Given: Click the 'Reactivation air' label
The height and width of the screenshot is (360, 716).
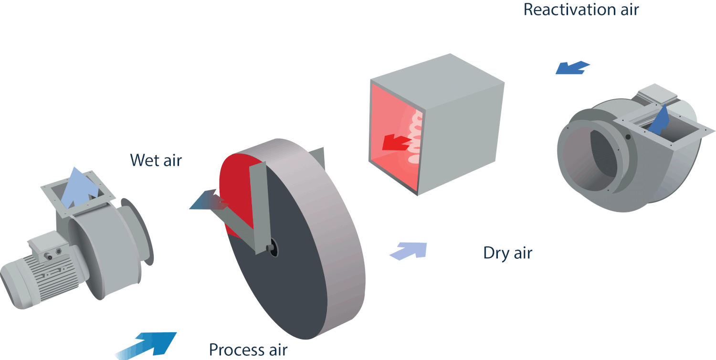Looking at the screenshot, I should pos(581,10).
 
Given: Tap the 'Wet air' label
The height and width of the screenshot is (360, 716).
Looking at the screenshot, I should pos(156,160).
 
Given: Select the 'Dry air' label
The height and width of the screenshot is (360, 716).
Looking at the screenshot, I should pos(507,253).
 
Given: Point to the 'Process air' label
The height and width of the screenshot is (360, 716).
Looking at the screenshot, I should pos(248,350).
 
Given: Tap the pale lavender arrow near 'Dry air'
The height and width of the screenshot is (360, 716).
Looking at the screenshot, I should pos(410,251).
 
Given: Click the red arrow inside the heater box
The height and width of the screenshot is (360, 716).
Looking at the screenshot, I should pos(396,142).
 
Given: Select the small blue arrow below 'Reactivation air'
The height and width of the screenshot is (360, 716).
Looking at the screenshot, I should pos(573,68).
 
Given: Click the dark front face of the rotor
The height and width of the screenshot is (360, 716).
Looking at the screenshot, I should pos(286,296).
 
